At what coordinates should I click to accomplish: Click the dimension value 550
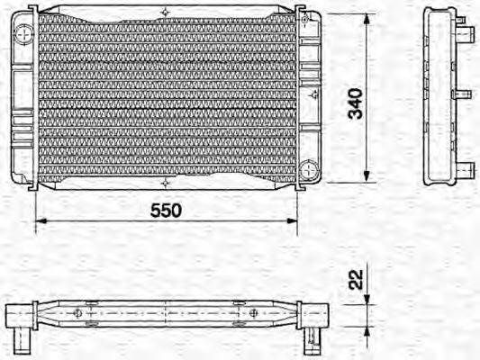pos(166,210)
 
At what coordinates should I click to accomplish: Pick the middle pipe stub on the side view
pos(462,94)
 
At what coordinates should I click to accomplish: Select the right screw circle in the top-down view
pos(255,313)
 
